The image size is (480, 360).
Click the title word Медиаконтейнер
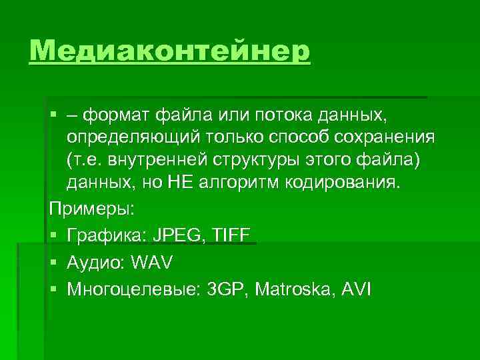[x=170, y=51]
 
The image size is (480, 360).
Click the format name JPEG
[x=173, y=235]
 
